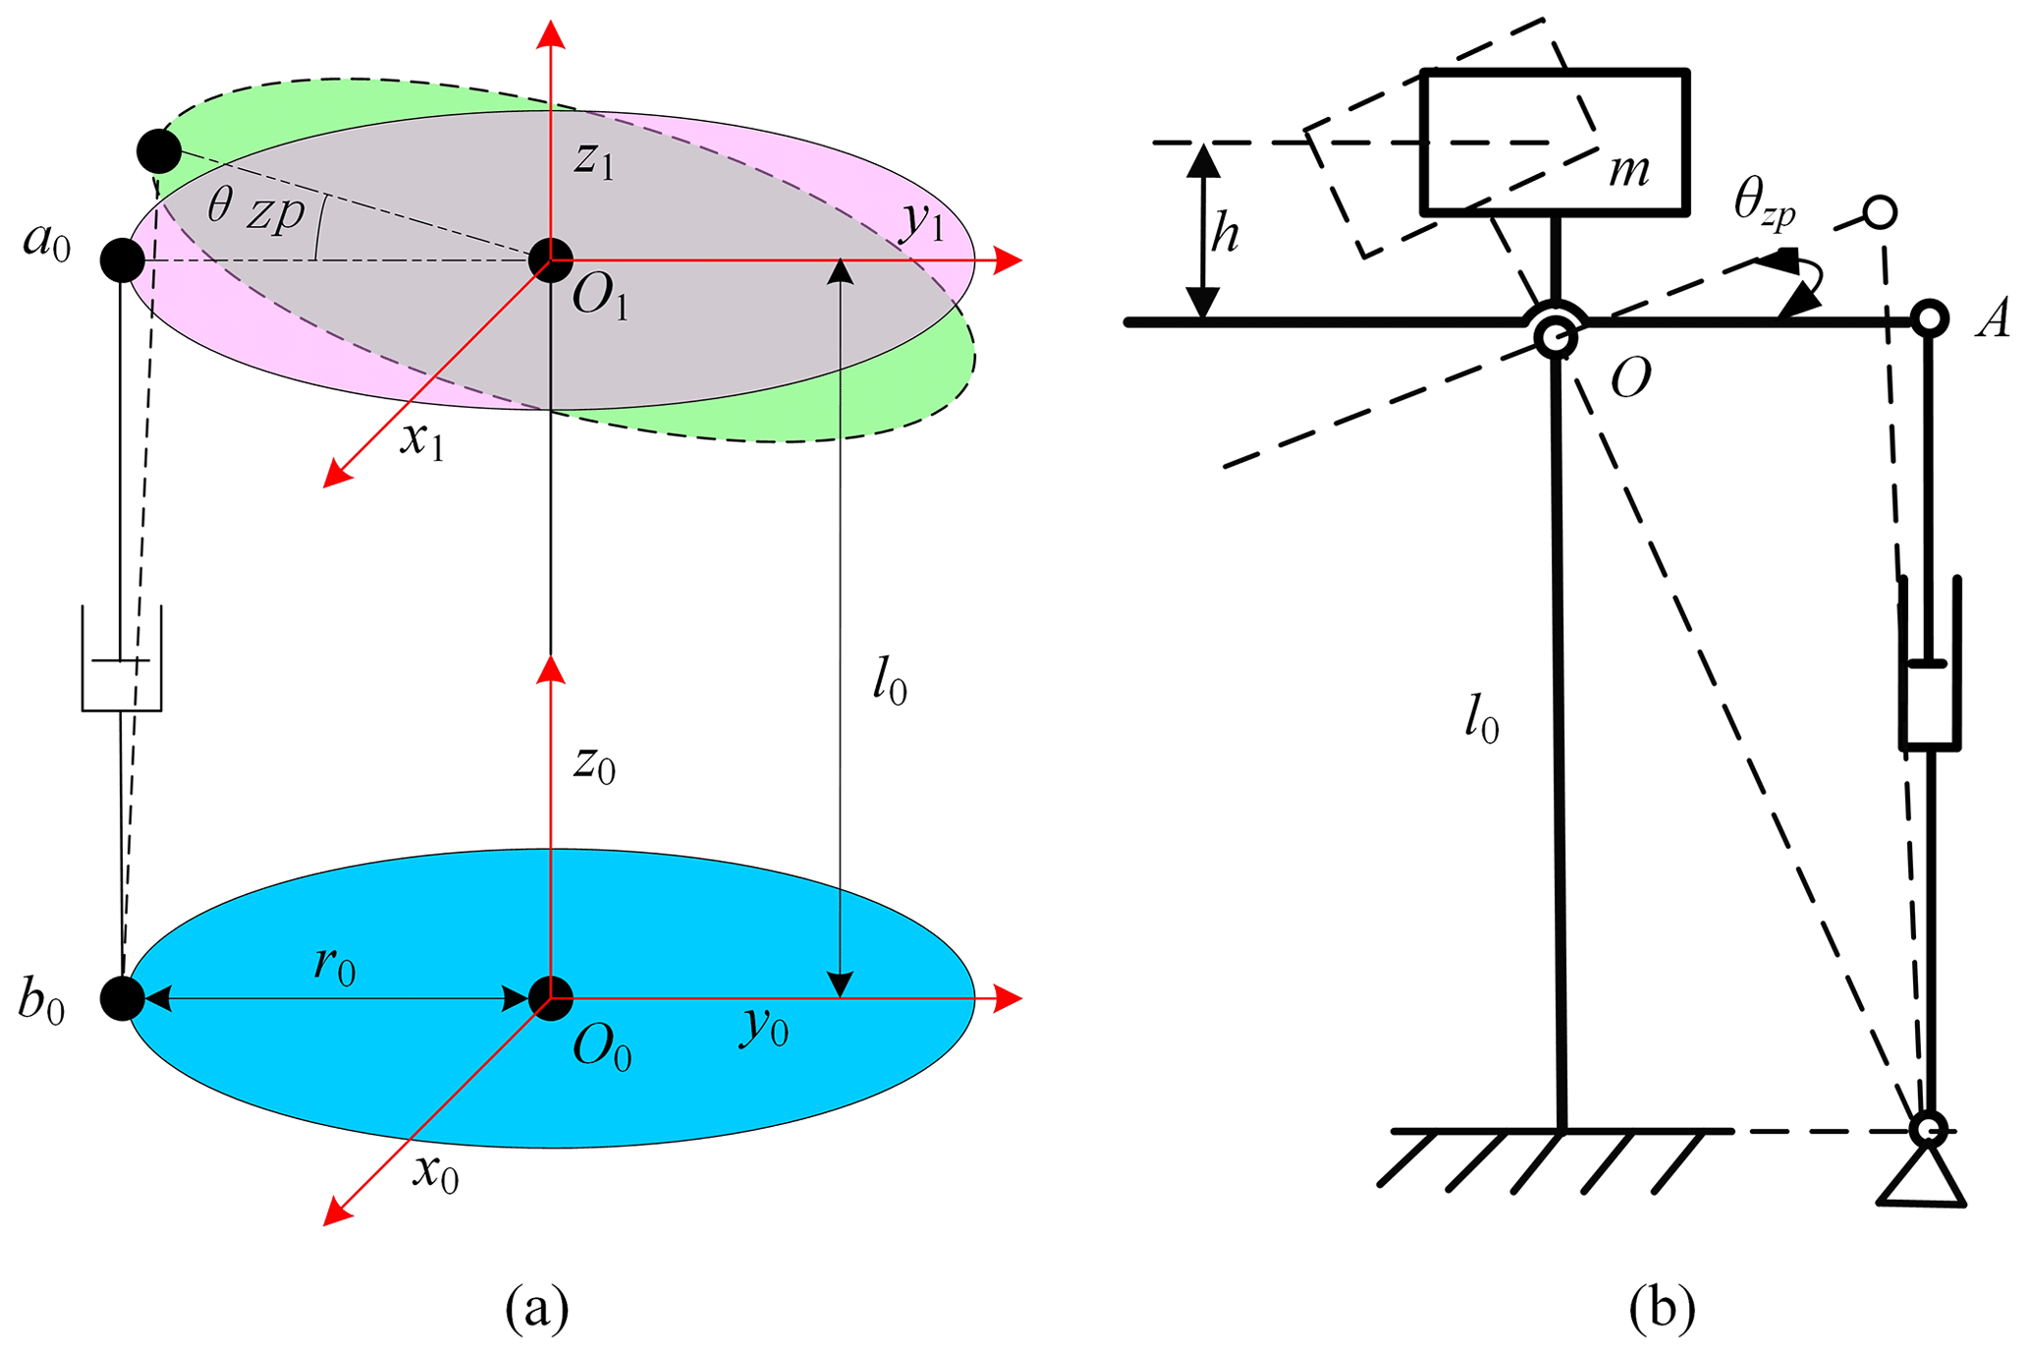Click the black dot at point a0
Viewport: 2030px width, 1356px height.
point(123,260)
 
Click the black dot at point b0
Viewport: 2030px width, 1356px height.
point(123,998)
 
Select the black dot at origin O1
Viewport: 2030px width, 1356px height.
point(550,260)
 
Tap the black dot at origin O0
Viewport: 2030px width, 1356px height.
point(550,998)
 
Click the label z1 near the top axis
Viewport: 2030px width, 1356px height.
point(594,159)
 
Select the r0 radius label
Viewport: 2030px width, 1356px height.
point(335,965)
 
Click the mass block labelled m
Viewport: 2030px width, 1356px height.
point(1555,142)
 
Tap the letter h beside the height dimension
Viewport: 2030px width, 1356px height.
point(1225,234)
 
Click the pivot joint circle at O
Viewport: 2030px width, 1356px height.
point(1556,337)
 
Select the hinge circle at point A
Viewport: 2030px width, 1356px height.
point(1930,318)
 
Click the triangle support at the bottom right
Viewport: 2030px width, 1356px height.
point(1922,1178)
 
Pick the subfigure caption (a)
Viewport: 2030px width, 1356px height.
point(536,1309)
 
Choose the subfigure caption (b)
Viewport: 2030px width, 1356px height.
point(1661,1309)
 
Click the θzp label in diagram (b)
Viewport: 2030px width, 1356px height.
point(1765,202)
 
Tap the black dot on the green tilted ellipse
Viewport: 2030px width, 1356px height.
point(159,151)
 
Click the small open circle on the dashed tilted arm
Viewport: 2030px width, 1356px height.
point(1880,212)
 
